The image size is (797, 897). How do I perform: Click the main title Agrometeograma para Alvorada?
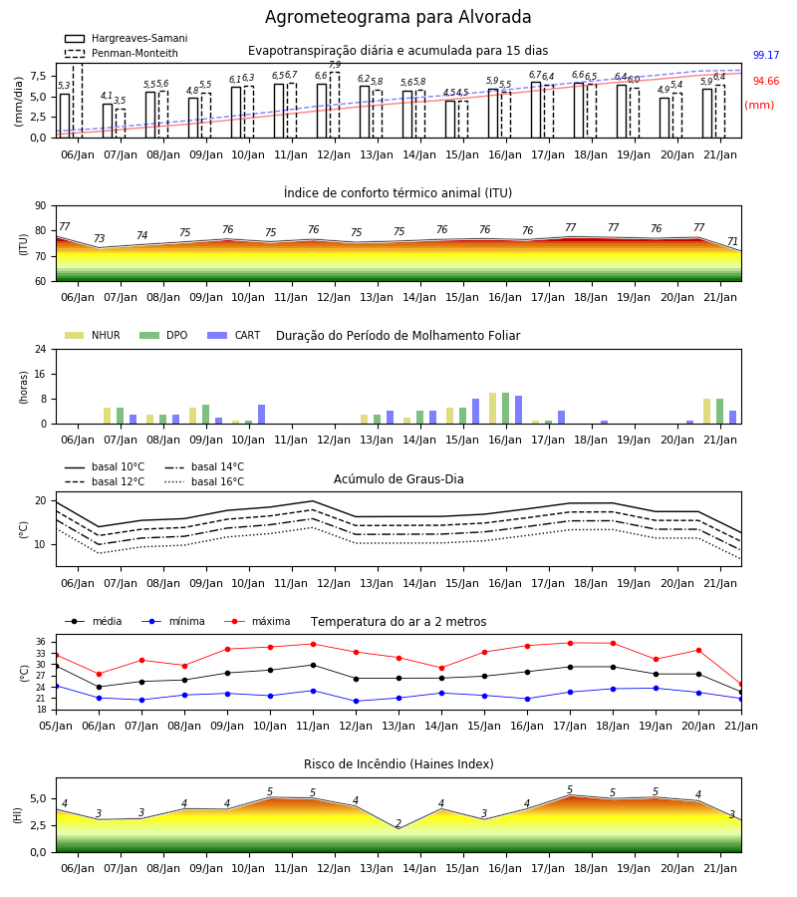[x=398, y=17]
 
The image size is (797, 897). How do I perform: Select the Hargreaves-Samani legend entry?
[x=127, y=38]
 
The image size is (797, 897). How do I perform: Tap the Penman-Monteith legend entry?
[x=122, y=53]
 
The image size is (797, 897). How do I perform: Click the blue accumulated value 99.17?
[x=766, y=56]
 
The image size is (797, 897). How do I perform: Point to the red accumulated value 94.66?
[x=766, y=82]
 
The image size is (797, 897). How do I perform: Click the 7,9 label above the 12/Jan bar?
[x=335, y=65]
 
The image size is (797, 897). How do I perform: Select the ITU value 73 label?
[x=99, y=238]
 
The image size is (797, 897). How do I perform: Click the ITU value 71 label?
[x=732, y=241]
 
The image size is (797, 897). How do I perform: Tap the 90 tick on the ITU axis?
[x=41, y=206]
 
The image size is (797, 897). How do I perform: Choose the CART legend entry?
[x=234, y=335]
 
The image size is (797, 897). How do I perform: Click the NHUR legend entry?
[x=93, y=335]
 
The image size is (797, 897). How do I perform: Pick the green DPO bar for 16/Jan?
[x=505, y=409]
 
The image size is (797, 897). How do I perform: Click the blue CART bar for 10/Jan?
[x=261, y=415]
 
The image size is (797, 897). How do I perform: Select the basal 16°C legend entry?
[x=204, y=481]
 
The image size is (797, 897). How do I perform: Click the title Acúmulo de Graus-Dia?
[x=398, y=479]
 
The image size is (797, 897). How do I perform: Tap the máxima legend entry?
[x=258, y=621]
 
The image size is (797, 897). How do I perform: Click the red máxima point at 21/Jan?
[x=741, y=684]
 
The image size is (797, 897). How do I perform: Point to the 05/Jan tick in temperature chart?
[x=56, y=726]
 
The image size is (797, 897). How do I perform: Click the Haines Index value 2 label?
[x=398, y=824]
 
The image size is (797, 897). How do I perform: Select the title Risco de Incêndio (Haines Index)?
[x=398, y=764]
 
